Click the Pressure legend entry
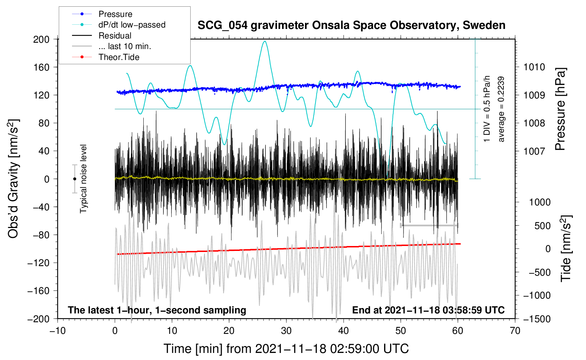click(x=115, y=14)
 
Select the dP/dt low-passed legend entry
click(x=132, y=25)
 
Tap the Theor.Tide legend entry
click(x=119, y=57)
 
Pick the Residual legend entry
click(x=115, y=36)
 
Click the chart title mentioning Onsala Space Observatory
click(x=351, y=25)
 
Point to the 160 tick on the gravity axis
click(x=41, y=67)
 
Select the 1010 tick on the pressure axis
click(x=534, y=67)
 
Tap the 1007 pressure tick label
click(x=534, y=151)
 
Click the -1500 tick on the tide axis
click(x=537, y=319)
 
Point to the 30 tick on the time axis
click(x=286, y=331)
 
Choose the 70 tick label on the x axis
click(x=515, y=331)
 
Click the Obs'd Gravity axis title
click(x=13, y=179)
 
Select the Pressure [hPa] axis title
click(x=560, y=109)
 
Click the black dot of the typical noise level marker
click(x=74, y=179)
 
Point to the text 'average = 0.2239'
click(x=501, y=109)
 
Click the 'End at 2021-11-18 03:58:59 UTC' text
click(x=428, y=310)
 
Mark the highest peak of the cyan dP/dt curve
click(x=265, y=41)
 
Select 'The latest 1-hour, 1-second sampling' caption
click(x=157, y=310)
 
